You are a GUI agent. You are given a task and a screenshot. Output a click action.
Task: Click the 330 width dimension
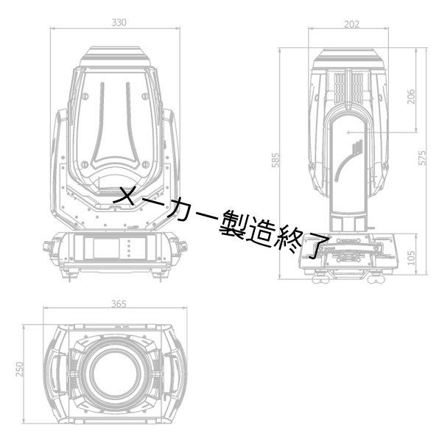[119, 23]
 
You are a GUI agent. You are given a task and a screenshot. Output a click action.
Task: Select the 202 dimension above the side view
[351, 24]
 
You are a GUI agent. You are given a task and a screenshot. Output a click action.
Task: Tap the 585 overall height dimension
[276, 160]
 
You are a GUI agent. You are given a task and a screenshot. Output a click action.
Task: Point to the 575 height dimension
[422, 158]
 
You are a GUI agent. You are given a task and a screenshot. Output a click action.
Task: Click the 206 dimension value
[412, 97]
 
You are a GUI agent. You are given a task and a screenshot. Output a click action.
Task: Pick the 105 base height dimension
[412, 258]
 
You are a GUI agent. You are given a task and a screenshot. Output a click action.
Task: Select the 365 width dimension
[119, 304]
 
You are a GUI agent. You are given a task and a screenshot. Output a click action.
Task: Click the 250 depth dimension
[20, 369]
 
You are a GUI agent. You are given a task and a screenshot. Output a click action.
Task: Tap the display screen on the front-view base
[106, 248]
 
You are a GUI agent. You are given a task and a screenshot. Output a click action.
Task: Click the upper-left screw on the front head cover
[85, 97]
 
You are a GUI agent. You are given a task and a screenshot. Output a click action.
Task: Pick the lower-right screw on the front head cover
[146, 164]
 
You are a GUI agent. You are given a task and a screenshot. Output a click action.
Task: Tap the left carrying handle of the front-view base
[48, 247]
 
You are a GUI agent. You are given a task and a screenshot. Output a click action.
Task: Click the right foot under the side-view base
[376, 279]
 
